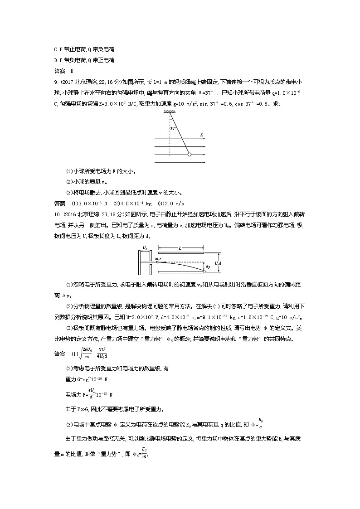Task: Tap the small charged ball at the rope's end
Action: pyautogui.click(x=190, y=155)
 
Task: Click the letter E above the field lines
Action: pyautogui.click(x=201, y=135)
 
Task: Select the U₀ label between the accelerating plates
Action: pyautogui.click(x=145, y=247)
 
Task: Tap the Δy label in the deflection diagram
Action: pyautogui.click(x=208, y=267)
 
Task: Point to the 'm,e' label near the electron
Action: pyautogui.click(x=159, y=259)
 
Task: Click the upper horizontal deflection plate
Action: pyautogui.click(x=180, y=253)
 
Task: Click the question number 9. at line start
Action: pyautogui.click(x=56, y=82)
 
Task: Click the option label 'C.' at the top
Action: pyautogui.click(x=56, y=49)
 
